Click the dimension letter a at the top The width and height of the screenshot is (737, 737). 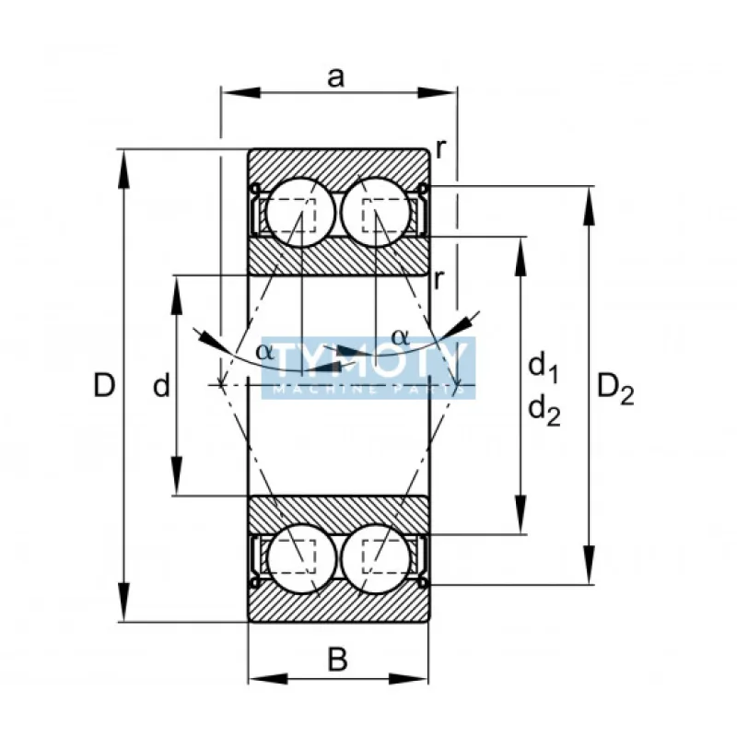coord(336,77)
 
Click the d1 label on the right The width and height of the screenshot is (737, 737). coord(543,368)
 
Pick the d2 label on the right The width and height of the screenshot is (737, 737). coord(543,411)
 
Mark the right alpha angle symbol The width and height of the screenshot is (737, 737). coord(399,336)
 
